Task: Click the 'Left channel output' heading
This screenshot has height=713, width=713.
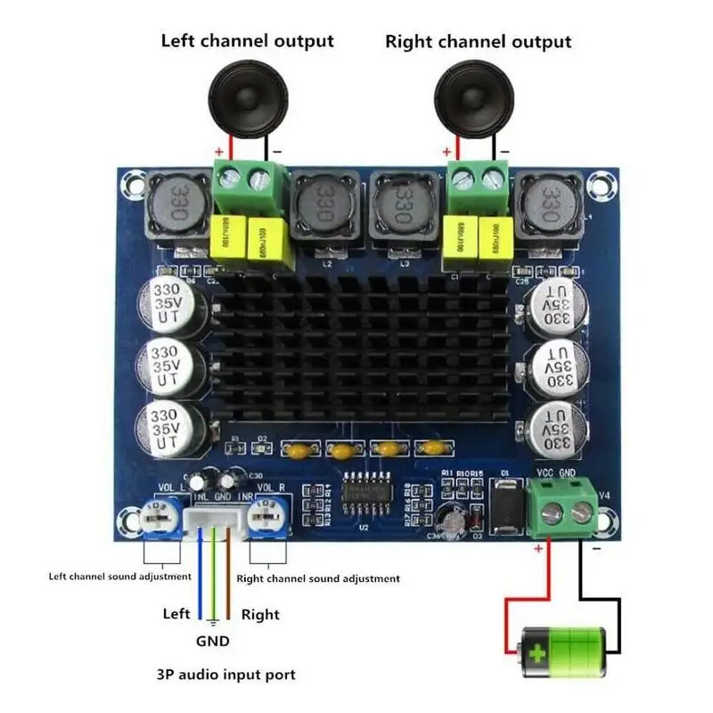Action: pos(247,41)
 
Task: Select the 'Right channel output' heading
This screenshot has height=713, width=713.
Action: pos(478,42)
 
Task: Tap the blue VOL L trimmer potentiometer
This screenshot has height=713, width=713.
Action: pos(160,518)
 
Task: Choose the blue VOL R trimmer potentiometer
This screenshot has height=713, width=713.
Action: pos(266,516)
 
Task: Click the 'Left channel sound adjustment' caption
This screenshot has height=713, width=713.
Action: pos(119,576)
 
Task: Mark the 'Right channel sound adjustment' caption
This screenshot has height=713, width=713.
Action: pos(317,578)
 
